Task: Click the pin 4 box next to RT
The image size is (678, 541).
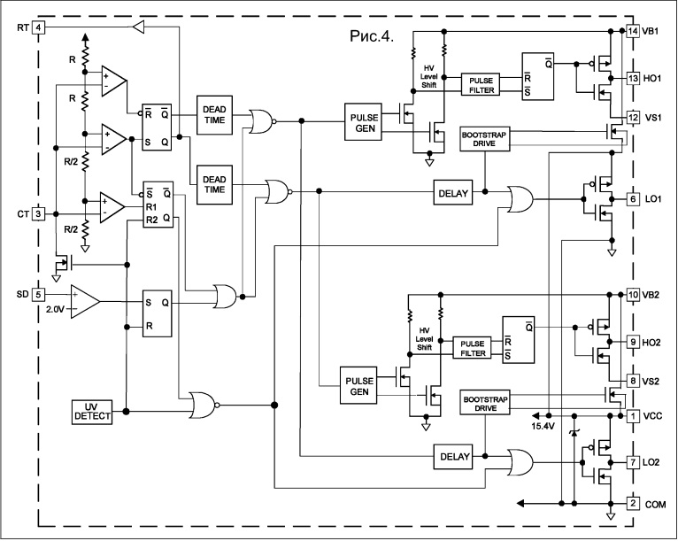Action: coord(38,27)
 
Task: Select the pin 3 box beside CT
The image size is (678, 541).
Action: coord(38,213)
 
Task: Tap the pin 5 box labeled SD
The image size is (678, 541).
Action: coord(38,295)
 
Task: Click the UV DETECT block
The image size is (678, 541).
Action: coord(92,412)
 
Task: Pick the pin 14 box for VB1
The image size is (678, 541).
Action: coord(633,31)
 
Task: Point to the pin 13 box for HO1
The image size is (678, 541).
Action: coord(633,78)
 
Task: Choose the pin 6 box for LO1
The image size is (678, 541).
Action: coord(633,199)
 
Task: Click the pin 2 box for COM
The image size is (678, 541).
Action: coord(633,504)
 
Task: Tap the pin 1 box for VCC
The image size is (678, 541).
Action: coord(633,416)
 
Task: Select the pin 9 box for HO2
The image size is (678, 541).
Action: coord(633,342)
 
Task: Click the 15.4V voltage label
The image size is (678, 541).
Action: coord(543,427)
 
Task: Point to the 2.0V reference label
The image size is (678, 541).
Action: coord(56,310)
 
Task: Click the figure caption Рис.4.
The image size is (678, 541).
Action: coord(372,36)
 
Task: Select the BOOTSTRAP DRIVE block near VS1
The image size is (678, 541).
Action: coord(484,139)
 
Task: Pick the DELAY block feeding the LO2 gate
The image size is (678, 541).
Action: coord(454,457)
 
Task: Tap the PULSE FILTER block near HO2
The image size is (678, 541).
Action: coord(472,348)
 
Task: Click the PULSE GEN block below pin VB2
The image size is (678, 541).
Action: coord(358,386)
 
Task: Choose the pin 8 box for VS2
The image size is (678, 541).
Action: coord(633,381)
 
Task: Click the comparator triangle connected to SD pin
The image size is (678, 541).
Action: coord(85,301)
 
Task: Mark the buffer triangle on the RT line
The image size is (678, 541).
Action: coord(137,27)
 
